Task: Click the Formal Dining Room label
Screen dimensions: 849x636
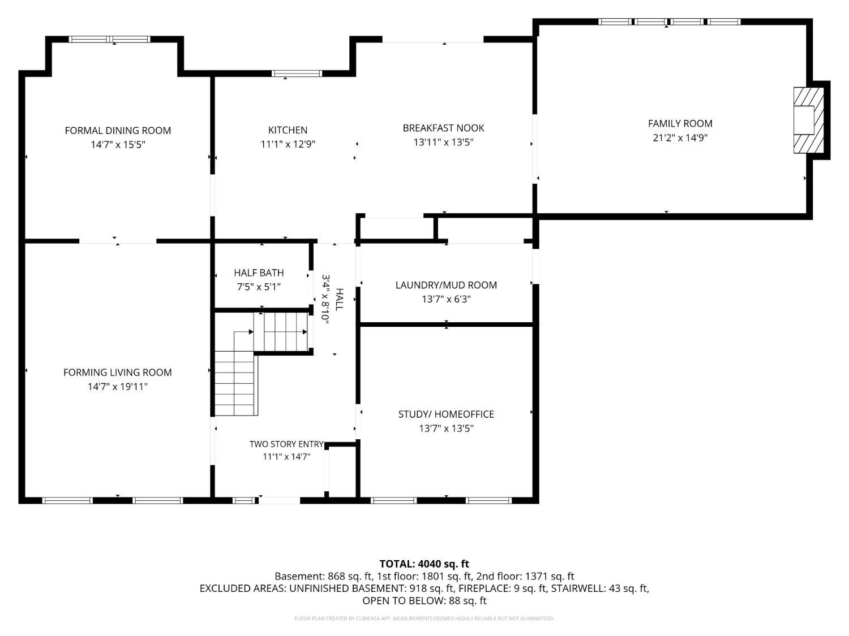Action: tap(118, 131)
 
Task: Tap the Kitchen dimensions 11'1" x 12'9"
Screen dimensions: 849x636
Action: tap(288, 144)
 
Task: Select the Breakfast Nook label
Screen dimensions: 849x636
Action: tap(443, 128)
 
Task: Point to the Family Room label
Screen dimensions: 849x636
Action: tap(680, 124)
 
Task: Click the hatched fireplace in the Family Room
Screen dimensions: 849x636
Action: tap(808, 120)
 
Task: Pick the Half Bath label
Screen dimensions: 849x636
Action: tap(259, 272)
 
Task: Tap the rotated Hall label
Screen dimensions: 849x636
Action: tap(339, 300)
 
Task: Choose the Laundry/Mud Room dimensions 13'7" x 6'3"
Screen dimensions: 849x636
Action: tap(446, 299)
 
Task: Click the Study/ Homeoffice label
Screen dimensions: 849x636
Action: tap(446, 414)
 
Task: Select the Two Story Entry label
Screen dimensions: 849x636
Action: tap(286, 444)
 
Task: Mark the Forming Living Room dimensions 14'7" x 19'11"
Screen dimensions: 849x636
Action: tap(118, 387)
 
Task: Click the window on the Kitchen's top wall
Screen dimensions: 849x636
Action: tap(297, 73)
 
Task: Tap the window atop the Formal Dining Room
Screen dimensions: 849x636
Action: tap(109, 39)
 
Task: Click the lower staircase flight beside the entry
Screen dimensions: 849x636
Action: tap(236, 383)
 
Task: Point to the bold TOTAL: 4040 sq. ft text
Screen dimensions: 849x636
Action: tap(424, 564)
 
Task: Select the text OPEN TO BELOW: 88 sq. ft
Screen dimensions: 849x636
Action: tap(424, 601)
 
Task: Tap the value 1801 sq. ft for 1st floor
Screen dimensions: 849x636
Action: tap(448, 577)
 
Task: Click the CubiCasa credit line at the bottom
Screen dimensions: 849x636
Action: tap(424, 618)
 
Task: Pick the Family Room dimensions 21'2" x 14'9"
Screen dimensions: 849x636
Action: tap(680, 138)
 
